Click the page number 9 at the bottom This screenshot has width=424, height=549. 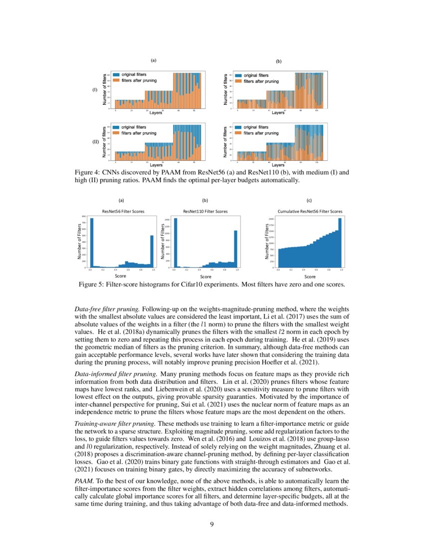212,524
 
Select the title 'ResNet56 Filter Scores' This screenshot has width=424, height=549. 123,212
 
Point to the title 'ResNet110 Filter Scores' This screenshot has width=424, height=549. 206,212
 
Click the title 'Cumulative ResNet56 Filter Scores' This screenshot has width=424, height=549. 309,212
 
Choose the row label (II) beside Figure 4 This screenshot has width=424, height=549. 94,142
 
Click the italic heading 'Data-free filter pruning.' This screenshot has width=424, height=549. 107,309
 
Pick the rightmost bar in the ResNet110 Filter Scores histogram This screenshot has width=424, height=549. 235,249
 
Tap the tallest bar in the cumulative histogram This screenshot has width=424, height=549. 340,243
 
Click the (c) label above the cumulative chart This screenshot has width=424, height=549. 309,200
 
